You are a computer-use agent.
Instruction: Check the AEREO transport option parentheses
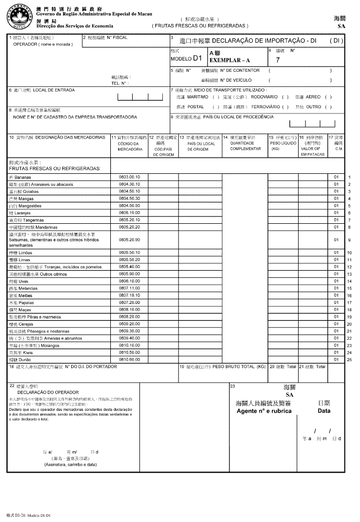(x=328, y=97)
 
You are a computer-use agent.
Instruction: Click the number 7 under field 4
(x=278, y=60)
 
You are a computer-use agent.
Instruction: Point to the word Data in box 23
(x=324, y=411)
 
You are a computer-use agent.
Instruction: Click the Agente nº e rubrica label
(x=264, y=411)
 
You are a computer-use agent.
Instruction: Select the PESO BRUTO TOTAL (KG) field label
(x=224, y=366)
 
